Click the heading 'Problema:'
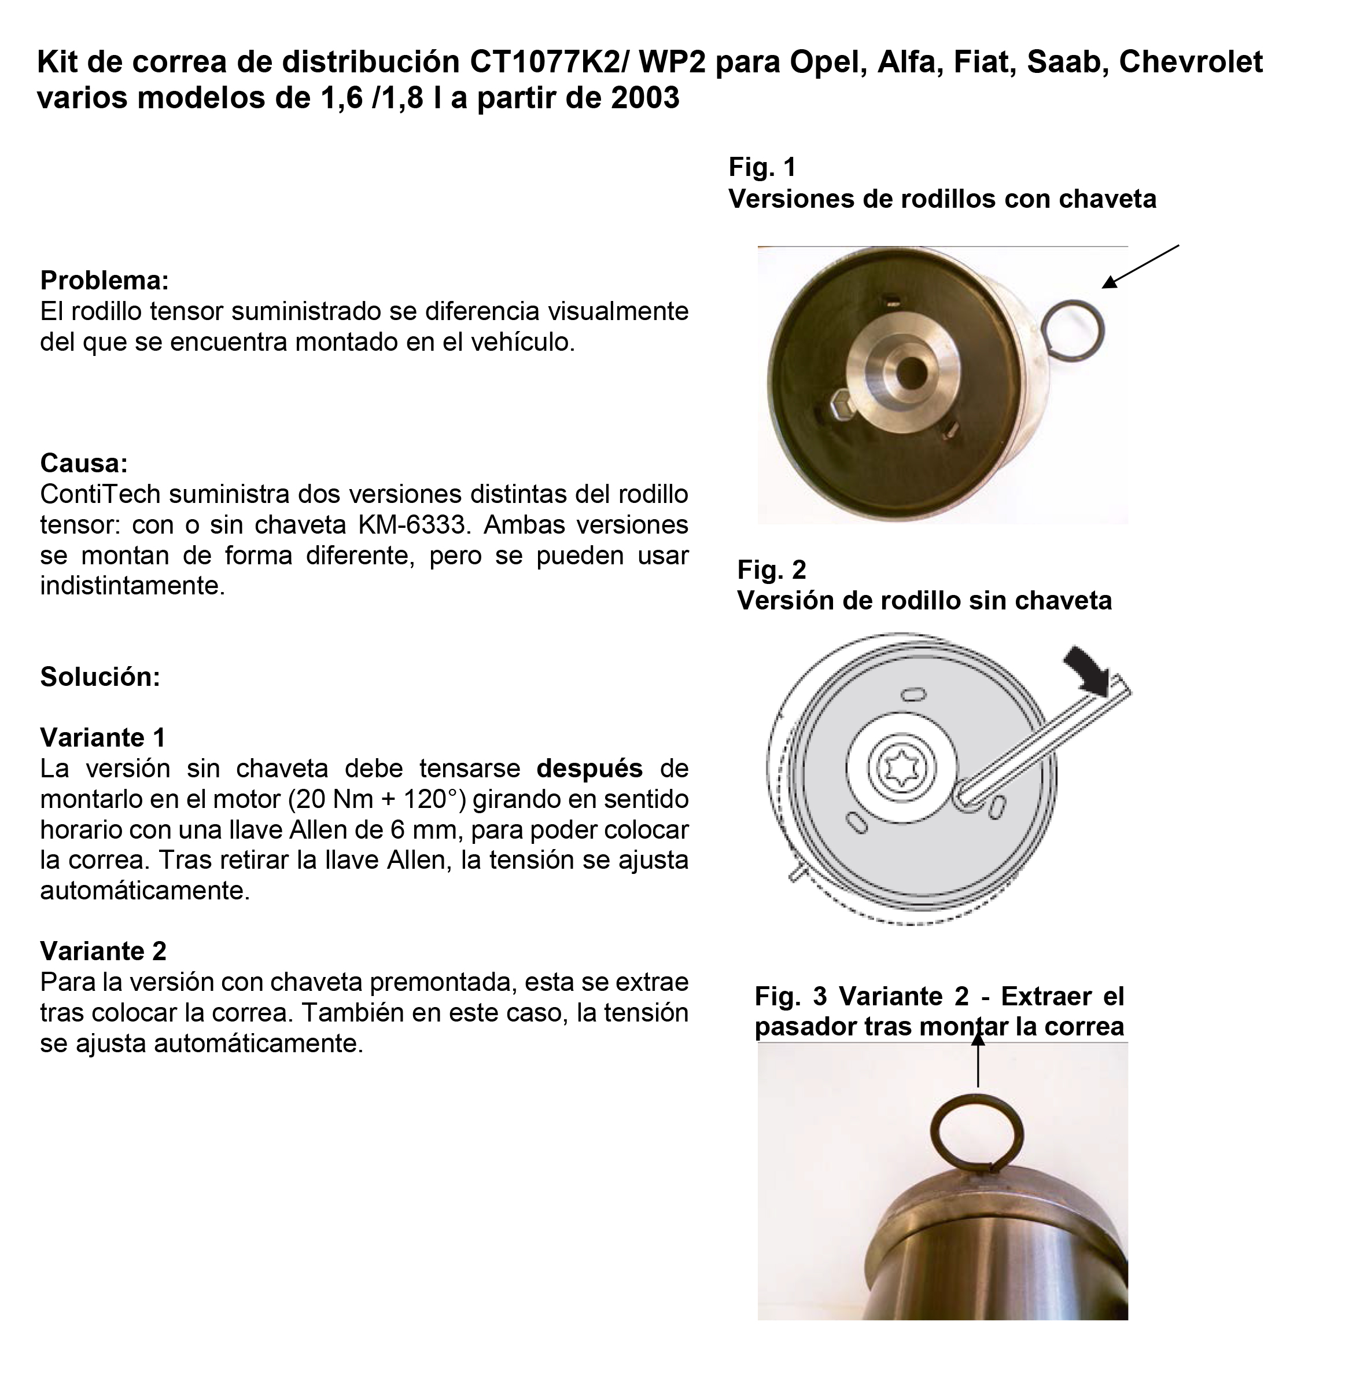(105, 281)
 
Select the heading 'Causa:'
(84, 464)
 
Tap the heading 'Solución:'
(100, 677)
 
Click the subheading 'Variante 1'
(103, 738)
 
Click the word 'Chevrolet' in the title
(1191, 62)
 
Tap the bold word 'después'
(589, 768)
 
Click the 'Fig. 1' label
(762, 167)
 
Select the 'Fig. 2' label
(771, 570)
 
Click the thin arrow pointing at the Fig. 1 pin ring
(1140, 267)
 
